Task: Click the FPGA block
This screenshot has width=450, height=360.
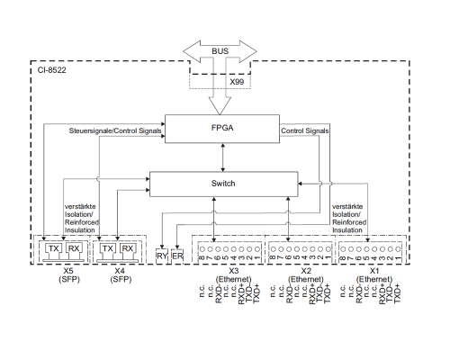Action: click(x=222, y=129)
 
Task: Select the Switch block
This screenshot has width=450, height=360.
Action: click(x=224, y=184)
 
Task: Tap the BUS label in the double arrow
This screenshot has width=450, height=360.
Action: click(x=220, y=51)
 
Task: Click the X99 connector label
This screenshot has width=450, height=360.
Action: click(x=237, y=82)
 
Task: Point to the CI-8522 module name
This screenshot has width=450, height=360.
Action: click(x=51, y=70)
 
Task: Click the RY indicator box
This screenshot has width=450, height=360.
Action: click(x=162, y=256)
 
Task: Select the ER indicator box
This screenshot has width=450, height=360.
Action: click(x=177, y=256)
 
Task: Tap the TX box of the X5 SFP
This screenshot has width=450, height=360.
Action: click(x=54, y=248)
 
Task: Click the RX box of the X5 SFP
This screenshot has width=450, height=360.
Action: click(x=74, y=248)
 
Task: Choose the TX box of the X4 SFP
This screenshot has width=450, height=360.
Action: click(x=107, y=248)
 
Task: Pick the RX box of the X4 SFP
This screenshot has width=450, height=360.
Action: click(x=128, y=248)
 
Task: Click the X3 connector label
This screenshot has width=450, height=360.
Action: click(x=234, y=271)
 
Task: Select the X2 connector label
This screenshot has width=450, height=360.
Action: click(x=306, y=271)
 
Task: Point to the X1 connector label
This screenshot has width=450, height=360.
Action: click(x=374, y=271)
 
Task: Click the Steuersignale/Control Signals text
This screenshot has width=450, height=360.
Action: click(x=115, y=130)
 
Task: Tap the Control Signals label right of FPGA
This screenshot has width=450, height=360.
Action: click(x=305, y=130)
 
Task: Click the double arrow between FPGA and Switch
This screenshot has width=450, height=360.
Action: click(x=222, y=157)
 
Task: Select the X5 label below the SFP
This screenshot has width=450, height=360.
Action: click(x=68, y=271)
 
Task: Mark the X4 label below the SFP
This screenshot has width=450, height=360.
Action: click(x=120, y=271)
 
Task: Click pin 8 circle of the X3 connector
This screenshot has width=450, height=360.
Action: click(x=202, y=249)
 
